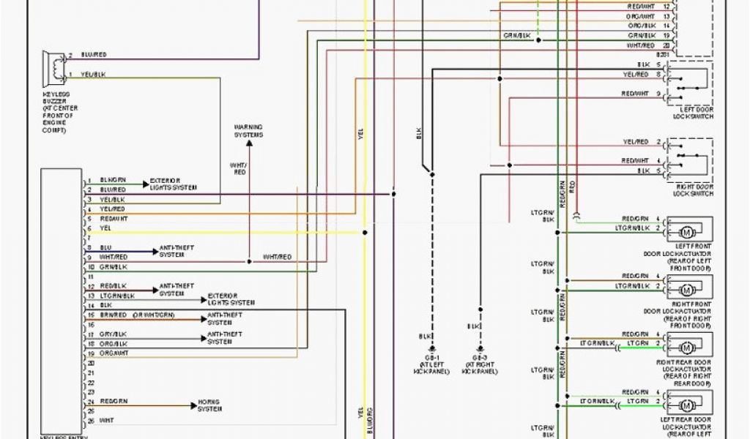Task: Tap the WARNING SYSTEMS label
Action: (248, 131)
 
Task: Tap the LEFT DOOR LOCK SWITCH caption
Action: (693, 113)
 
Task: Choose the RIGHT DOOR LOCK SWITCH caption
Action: (693, 190)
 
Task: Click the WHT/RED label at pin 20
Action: (641, 45)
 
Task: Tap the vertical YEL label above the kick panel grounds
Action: (360, 134)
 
